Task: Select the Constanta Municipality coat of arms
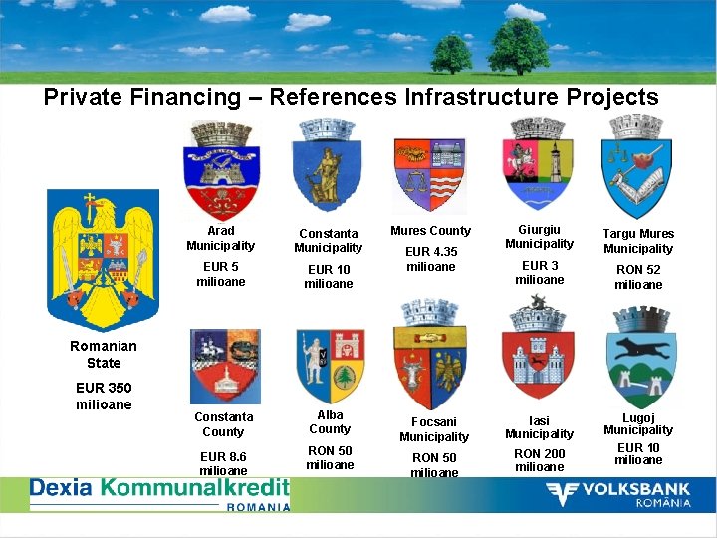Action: click(328, 166)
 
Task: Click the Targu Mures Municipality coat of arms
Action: click(637, 167)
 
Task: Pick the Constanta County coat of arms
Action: click(224, 366)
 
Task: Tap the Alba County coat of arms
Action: click(330, 366)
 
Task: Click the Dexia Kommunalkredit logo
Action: click(159, 493)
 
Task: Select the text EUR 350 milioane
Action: click(104, 396)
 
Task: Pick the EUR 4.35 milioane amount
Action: click(432, 259)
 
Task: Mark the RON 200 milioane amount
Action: click(539, 460)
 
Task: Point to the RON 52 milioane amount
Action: click(638, 277)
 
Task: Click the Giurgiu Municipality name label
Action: click(539, 237)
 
